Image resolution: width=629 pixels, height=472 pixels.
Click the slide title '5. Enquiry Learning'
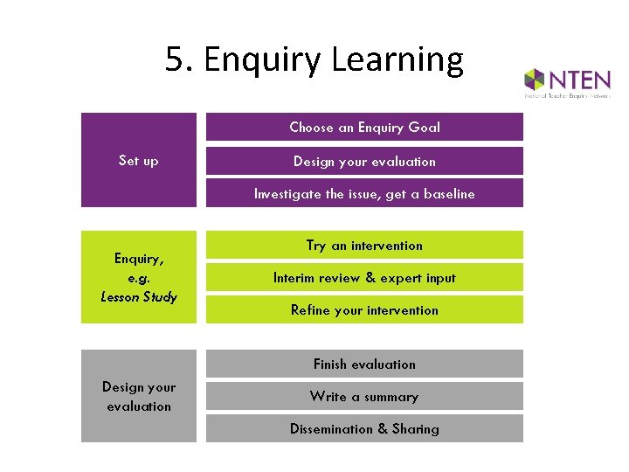coord(314,60)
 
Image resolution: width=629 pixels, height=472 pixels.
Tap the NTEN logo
coord(567,84)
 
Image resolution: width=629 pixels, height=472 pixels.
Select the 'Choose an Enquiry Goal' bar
coord(364,128)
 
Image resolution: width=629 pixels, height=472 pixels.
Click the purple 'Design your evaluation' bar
coord(364,161)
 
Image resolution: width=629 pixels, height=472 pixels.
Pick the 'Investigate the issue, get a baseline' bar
coord(364,194)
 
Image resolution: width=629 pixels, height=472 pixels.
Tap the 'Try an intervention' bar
coord(364,246)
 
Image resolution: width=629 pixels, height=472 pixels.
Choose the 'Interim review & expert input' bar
coord(364,278)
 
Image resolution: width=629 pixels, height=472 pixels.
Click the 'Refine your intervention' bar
coord(364,310)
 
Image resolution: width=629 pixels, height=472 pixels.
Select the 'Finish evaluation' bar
coord(364,364)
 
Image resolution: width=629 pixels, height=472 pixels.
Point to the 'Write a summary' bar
coord(364,396)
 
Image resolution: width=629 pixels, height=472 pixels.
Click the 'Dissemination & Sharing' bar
coord(364,428)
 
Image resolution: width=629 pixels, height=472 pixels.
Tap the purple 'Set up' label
coord(139,161)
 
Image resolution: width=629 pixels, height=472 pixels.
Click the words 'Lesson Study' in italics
coord(139,296)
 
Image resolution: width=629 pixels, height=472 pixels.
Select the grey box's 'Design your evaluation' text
coord(139,396)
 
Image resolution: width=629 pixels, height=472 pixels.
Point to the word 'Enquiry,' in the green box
coord(139,258)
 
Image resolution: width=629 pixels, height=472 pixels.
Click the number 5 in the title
coord(176,60)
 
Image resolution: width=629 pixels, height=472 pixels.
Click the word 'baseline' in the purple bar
coord(449,194)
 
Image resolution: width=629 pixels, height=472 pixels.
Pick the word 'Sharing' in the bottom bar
coord(416,429)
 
